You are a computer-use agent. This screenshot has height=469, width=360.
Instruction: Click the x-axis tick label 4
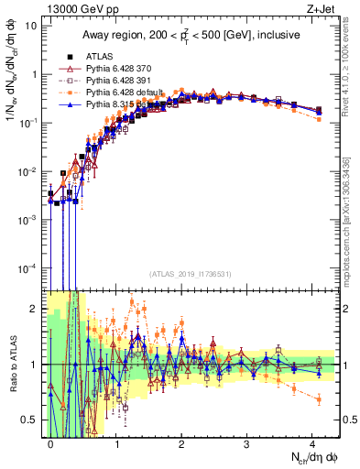312,442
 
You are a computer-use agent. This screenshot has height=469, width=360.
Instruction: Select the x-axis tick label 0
50,442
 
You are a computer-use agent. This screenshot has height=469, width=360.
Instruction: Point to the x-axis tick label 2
181,442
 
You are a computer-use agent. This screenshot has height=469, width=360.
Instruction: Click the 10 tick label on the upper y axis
30,25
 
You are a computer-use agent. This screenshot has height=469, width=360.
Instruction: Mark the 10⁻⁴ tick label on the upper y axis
27,267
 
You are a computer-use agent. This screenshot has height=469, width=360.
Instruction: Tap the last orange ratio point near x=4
318,398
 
